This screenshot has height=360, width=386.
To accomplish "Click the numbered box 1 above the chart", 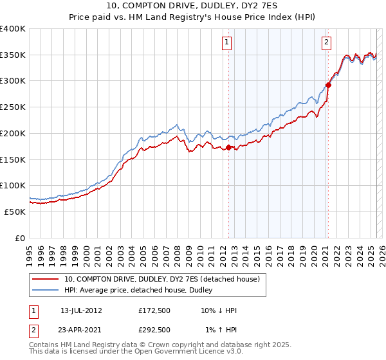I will [x=228, y=43].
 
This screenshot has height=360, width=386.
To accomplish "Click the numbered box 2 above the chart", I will [x=327, y=43].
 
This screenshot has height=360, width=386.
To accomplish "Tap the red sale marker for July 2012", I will [x=228, y=148].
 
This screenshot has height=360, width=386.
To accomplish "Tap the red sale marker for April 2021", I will [x=328, y=84].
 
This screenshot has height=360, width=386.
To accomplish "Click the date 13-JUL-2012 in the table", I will [x=81, y=310].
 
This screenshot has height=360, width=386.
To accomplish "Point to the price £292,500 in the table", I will [x=154, y=330].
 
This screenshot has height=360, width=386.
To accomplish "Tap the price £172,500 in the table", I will [x=154, y=310].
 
